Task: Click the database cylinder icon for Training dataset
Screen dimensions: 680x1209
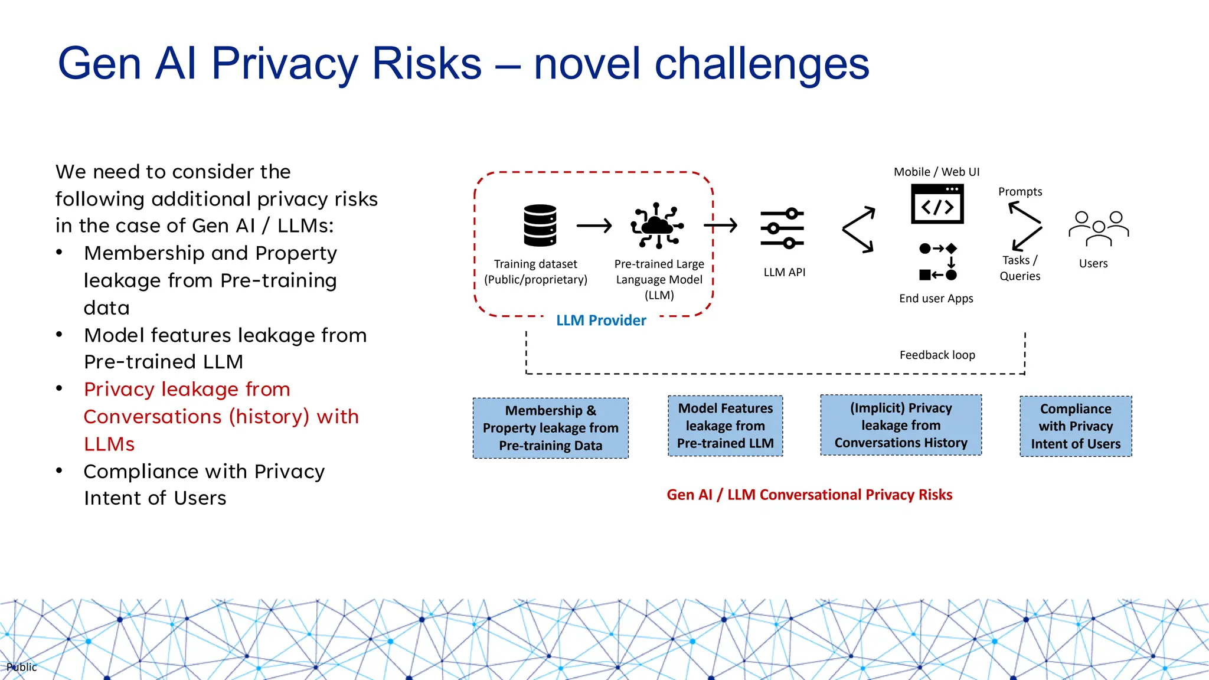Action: tap(540, 225)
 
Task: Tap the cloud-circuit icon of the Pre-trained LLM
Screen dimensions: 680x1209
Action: tap(657, 225)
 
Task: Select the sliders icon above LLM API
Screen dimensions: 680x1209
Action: tap(782, 228)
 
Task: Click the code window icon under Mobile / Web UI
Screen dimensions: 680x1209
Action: tap(937, 204)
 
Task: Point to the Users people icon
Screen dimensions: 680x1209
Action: tap(1098, 228)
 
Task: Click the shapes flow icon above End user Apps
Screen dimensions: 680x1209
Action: tap(937, 261)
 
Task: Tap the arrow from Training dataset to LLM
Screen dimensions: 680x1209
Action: tap(594, 225)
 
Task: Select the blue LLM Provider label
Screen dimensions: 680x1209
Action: tap(601, 321)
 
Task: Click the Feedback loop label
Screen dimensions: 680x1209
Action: tap(937, 355)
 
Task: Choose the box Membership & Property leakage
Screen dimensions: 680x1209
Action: tap(550, 428)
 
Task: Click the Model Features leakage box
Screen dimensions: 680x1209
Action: tap(725, 426)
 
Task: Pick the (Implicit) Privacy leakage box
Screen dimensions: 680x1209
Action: tap(901, 425)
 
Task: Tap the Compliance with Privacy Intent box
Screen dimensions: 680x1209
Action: tap(1075, 426)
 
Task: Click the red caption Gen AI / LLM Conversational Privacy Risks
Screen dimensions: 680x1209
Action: tap(809, 495)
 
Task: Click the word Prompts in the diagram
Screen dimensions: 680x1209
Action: tap(1020, 192)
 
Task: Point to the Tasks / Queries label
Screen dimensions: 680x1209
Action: tap(1020, 268)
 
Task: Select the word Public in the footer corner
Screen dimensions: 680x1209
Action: tap(22, 667)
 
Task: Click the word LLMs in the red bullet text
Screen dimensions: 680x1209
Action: tap(109, 444)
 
